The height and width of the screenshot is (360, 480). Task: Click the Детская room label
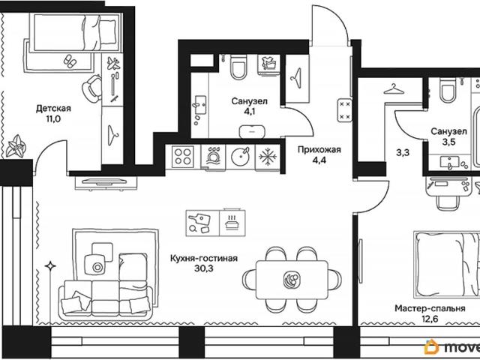53,108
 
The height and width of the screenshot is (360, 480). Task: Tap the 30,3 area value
203,268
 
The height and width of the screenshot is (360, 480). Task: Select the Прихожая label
319,150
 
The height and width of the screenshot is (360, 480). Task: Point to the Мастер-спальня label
430,308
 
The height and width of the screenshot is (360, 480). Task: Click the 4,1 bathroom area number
249,112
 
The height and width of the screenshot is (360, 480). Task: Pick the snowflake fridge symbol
268,157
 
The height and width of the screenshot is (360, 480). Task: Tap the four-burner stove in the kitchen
183,157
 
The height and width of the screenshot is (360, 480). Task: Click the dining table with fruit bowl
292,280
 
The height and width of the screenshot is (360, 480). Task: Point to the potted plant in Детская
16,146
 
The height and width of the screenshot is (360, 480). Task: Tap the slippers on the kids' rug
70,61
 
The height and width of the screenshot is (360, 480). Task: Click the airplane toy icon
113,63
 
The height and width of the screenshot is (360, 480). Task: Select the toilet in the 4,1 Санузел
238,67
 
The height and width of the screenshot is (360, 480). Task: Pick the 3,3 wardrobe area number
403,152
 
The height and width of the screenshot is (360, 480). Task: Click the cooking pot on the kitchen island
232,222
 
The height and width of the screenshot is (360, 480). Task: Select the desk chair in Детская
91,88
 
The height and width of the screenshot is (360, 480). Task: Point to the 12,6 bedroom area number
430,319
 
